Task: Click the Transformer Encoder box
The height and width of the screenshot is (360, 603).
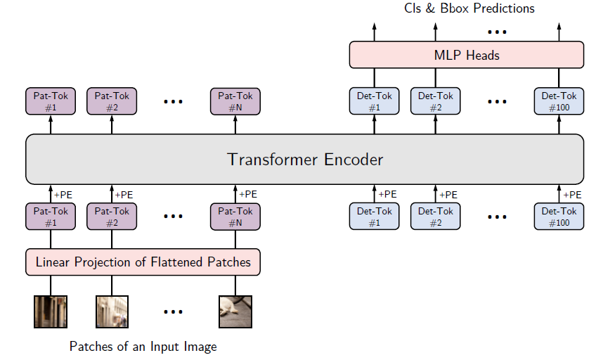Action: (304, 159)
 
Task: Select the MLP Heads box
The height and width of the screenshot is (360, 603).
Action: (467, 55)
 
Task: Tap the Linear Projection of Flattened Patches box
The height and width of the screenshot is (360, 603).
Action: (143, 262)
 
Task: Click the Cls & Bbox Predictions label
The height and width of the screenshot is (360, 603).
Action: (469, 8)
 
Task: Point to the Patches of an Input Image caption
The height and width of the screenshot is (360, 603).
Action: (143, 347)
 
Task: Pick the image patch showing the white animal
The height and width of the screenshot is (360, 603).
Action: (235, 311)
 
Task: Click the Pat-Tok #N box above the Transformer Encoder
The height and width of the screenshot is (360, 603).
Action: (235, 101)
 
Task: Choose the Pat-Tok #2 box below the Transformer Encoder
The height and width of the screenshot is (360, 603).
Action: (112, 217)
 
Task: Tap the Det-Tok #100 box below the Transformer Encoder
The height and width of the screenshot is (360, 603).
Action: (559, 217)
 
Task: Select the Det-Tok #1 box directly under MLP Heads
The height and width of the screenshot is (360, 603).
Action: (374, 101)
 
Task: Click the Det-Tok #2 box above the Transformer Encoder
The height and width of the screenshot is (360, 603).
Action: (435, 101)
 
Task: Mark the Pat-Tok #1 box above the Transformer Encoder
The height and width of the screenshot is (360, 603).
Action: (51, 101)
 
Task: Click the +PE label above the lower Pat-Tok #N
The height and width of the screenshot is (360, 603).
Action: (248, 194)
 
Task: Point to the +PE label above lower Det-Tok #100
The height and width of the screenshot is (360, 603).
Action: (572, 195)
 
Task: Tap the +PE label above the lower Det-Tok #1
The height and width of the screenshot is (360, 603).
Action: (387, 194)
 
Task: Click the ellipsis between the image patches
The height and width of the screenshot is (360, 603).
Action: (173, 311)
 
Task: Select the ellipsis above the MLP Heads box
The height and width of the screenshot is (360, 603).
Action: (497, 32)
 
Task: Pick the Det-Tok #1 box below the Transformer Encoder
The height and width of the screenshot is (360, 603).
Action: (374, 217)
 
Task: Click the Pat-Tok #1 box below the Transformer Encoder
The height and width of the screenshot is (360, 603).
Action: (51, 217)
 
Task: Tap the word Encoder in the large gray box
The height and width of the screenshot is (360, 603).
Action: (354, 159)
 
